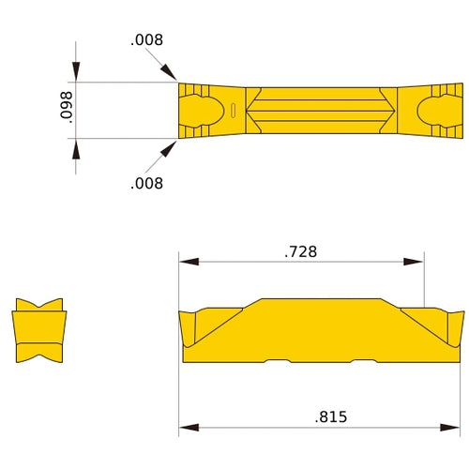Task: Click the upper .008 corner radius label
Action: (x=147, y=40)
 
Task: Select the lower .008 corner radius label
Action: (x=147, y=183)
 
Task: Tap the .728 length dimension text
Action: (x=300, y=251)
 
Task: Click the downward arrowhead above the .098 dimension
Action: (x=76, y=75)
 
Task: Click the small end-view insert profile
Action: (x=39, y=331)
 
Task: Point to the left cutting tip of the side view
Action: (x=181, y=312)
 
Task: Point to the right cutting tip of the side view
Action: (x=461, y=312)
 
